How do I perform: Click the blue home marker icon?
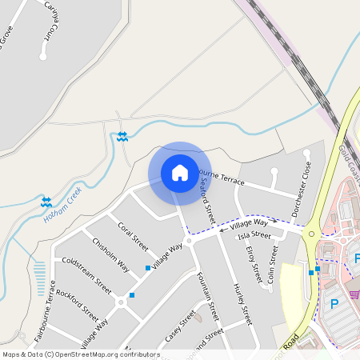click(x=180, y=173)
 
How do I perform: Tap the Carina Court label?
click(x=54, y=27)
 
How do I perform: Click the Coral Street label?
click(x=133, y=236)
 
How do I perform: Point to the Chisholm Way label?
click(x=110, y=254)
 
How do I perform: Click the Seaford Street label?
click(x=207, y=200)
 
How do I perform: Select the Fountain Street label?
click(x=207, y=295)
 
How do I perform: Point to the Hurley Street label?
click(x=242, y=303)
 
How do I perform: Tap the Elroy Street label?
click(x=254, y=264)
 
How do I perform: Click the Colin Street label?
click(x=273, y=264)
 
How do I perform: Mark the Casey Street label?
click(x=180, y=328)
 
